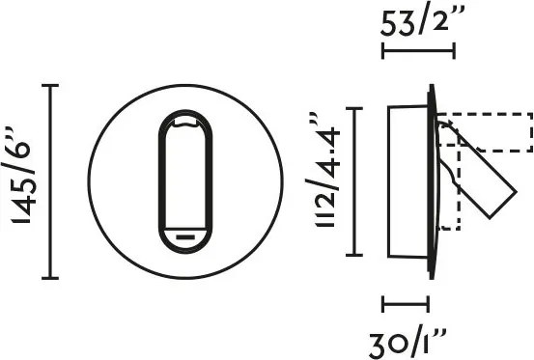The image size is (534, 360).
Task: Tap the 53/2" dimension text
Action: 422,22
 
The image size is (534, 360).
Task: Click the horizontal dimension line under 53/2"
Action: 418,51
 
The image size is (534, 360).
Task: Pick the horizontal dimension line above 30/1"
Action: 406,304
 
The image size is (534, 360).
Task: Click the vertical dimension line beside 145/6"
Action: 50,181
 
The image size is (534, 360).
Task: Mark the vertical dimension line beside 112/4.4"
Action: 354,181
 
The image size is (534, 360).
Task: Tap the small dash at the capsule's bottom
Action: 185,236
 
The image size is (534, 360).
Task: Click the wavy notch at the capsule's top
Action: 185,124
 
